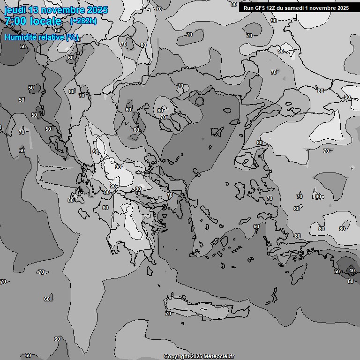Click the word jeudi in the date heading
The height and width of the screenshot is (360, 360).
15,10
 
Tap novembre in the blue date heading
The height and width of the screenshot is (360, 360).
62,10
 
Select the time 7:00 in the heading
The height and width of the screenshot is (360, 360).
15,21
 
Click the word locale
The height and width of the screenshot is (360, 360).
45,21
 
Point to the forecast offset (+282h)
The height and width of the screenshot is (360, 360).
83,21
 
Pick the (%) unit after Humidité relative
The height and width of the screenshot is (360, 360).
72,37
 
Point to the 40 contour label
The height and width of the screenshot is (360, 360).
352,270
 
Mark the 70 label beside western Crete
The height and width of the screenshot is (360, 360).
168,314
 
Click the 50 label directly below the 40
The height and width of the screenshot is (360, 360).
351,281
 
